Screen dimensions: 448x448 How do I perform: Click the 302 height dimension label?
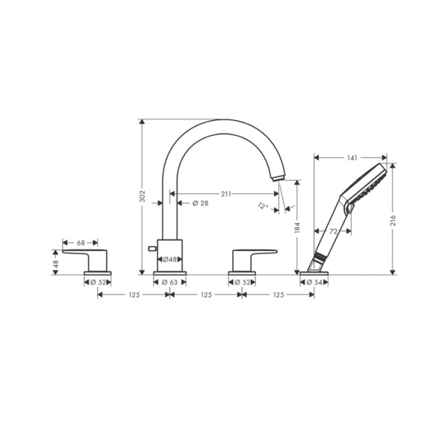click(x=142, y=196)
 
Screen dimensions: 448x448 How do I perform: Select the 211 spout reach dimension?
click(x=225, y=193)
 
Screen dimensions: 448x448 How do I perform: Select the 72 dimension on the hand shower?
click(x=335, y=232)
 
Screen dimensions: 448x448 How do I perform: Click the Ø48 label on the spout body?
click(x=169, y=259)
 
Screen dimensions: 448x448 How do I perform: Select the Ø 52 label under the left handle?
click(x=97, y=282)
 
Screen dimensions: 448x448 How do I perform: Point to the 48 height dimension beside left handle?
click(x=55, y=262)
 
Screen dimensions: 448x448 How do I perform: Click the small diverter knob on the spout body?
click(x=152, y=247)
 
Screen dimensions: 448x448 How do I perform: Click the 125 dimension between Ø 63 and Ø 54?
click(x=277, y=295)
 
